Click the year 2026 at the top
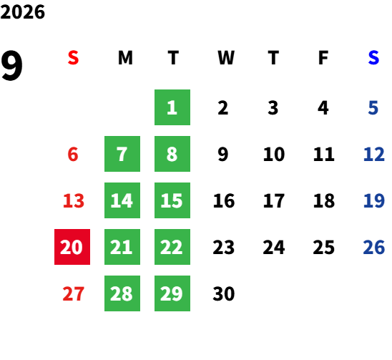(x=22, y=12)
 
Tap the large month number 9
(x=11, y=65)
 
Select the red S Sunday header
(x=73, y=58)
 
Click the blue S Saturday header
(x=373, y=58)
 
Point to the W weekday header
(x=226, y=58)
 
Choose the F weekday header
(x=323, y=58)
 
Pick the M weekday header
(x=125, y=58)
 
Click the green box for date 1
(x=172, y=107)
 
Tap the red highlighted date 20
(x=72, y=247)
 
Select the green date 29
(x=172, y=293)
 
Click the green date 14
(x=122, y=200)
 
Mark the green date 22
(x=172, y=247)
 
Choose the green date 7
(x=122, y=154)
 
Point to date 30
(x=224, y=293)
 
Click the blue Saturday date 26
(x=373, y=247)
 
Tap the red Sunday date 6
(x=73, y=154)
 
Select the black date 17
(x=274, y=200)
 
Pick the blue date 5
(x=373, y=108)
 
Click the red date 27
(x=73, y=293)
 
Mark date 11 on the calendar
(x=324, y=154)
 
